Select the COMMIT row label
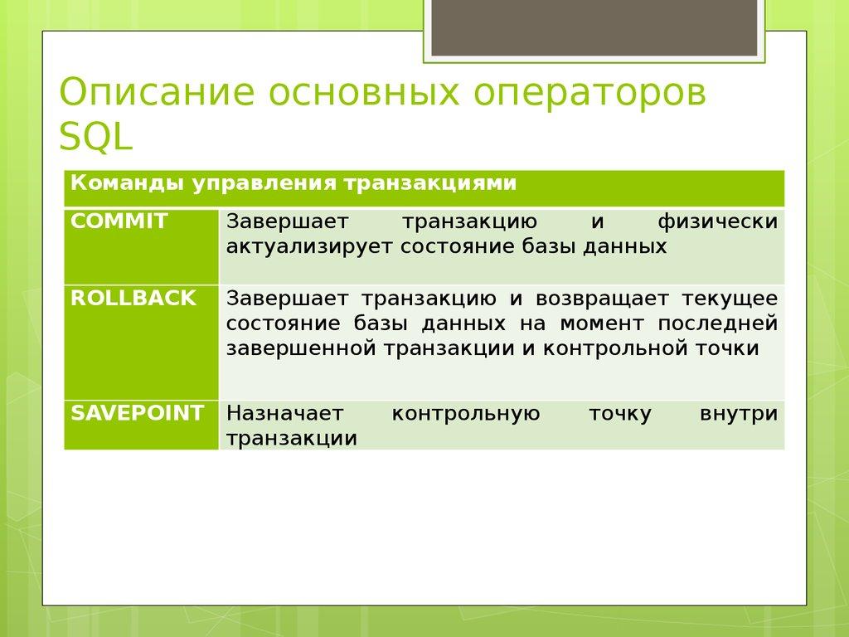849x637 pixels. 119,221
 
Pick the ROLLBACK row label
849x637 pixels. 133,298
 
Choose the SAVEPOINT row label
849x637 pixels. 137,413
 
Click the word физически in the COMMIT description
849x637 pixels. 718,222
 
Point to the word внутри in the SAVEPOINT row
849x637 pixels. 739,413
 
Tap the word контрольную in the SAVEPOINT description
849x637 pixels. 466,413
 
